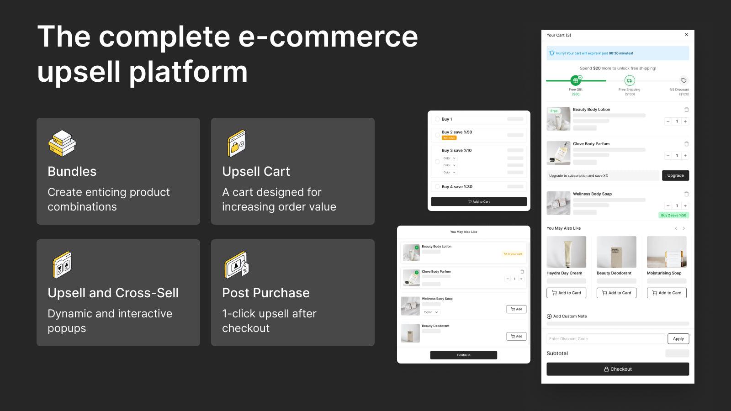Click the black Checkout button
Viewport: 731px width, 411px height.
(x=618, y=369)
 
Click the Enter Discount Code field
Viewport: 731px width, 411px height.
(x=605, y=339)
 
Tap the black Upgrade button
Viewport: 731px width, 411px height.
(x=675, y=175)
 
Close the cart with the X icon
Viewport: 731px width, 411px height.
(x=686, y=35)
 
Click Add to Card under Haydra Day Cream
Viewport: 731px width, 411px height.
(x=566, y=293)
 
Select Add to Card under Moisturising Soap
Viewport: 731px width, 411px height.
(x=667, y=293)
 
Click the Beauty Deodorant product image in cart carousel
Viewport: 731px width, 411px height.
(x=616, y=252)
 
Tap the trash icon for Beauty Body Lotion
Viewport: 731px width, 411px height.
(x=686, y=110)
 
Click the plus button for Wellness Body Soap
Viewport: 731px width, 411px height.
(x=685, y=206)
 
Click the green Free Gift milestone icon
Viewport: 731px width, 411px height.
(x=576, y=80)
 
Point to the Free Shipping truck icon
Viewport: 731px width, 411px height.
(x=630, y=80)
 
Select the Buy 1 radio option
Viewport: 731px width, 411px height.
(x=437, y=119)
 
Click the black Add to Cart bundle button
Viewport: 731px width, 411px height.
(x=479, y=201)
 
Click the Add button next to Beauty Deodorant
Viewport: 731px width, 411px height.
(x=516, y=337)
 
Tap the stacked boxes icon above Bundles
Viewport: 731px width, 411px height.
(x=62, y=143)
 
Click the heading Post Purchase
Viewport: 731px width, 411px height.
(x=266, y=293)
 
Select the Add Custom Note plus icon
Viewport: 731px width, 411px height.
(x=549, y=316)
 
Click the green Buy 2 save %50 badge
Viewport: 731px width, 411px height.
(x=673, y=215)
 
